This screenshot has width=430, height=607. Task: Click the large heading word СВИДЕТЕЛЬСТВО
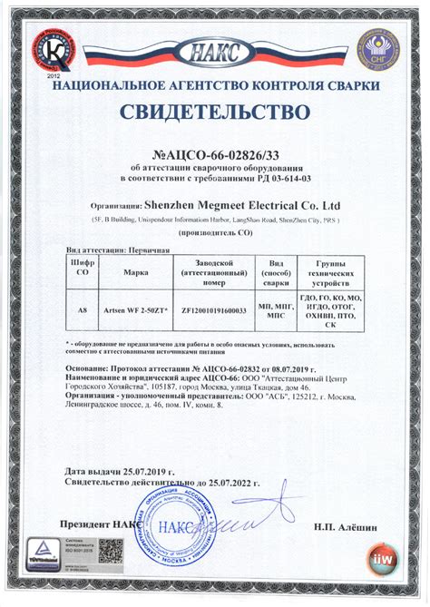(215, 113)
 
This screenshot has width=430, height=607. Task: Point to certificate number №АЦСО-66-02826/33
(214, 155)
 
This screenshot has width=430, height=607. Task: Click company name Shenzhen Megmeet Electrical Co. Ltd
(242, 205)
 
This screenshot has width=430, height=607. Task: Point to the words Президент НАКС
(98, 525)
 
